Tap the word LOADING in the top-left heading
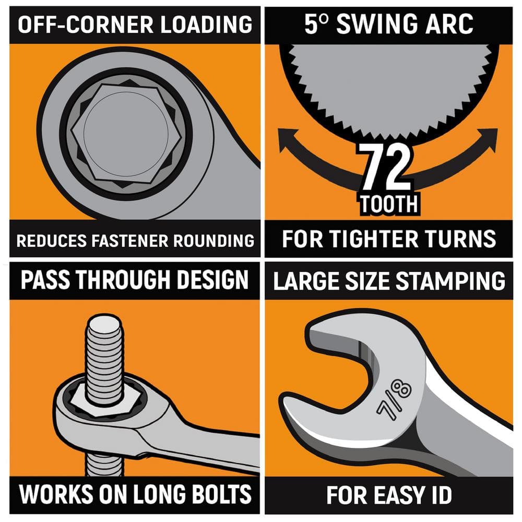[x=206, y=25]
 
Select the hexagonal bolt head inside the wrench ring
[x=126, y=134]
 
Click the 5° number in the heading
[x=317, y=24]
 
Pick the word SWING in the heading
[x=377, y=24]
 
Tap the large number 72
[x=386, y=167]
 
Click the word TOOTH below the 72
[x=389, y=204]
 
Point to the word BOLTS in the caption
[x=221, y=494]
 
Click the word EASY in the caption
[x=391, y=495]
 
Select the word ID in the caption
[x=438, y=495]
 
